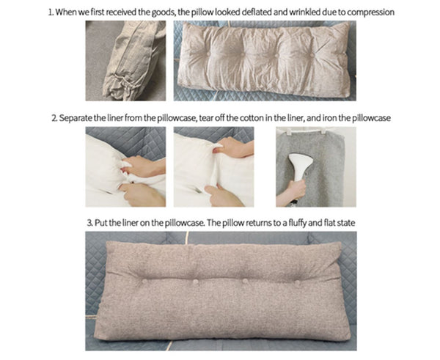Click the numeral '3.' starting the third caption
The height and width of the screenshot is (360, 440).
(x=89, y=223)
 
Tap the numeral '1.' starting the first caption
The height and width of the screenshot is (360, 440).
(x=51, y=12)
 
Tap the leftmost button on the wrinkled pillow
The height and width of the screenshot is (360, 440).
(x=208, y=53)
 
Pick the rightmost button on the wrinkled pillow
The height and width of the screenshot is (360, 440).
(x=312, y=54)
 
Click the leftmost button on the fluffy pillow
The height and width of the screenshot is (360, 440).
(x=144, y=281)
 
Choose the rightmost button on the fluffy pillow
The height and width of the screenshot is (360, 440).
(x=298, y=282)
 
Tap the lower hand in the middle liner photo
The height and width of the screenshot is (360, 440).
(x=223, y=196)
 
